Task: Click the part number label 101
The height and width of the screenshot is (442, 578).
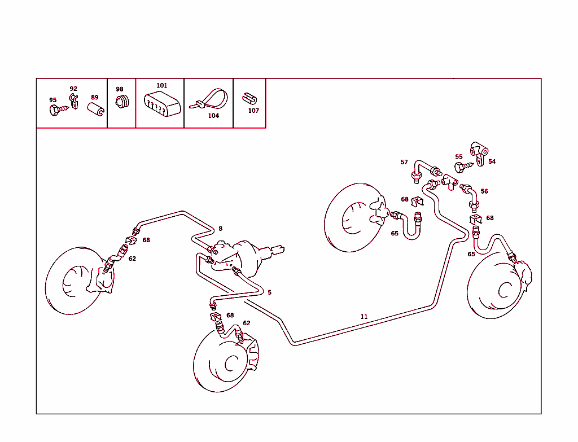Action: (x=162, y=86)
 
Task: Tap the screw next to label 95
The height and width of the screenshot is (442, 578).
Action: (x=55, y=111)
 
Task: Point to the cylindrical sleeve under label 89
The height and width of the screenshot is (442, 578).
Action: (x=95, y=109)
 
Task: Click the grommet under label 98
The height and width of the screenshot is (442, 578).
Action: (x=121, y=101)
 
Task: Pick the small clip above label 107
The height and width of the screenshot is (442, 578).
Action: (x=248, y=98)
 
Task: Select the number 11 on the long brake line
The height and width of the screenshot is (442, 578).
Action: (x=364, y=317)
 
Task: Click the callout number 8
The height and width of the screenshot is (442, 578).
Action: (x=220, y=229)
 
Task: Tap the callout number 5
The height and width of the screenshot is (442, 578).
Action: (x=269, y=292)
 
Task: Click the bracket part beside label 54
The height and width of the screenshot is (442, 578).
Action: (x=479, y=153)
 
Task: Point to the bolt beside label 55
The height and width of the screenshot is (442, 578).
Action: (x=461, y=167)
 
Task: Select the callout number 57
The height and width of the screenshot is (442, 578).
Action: (x=404, y=162)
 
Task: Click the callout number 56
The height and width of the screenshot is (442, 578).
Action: (x=484, y=191)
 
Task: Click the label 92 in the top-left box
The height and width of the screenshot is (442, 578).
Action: (x=73, y=89)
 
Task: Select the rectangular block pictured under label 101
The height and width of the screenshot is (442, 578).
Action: (x=162, y=105)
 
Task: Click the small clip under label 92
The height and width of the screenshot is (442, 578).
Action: (x=73, y=102)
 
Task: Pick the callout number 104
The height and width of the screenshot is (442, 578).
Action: (x=213, y=116)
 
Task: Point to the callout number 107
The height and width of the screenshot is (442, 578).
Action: (x=253, y=111)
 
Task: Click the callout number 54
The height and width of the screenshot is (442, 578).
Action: (x=492, y=161)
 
